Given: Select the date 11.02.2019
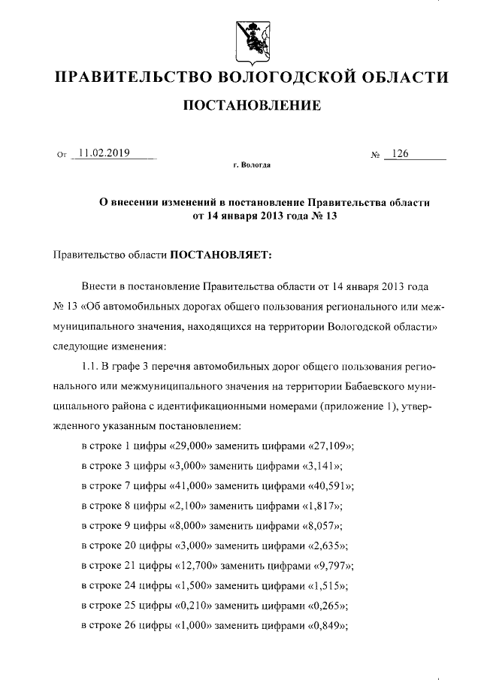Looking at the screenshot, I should tap(104, 153).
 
